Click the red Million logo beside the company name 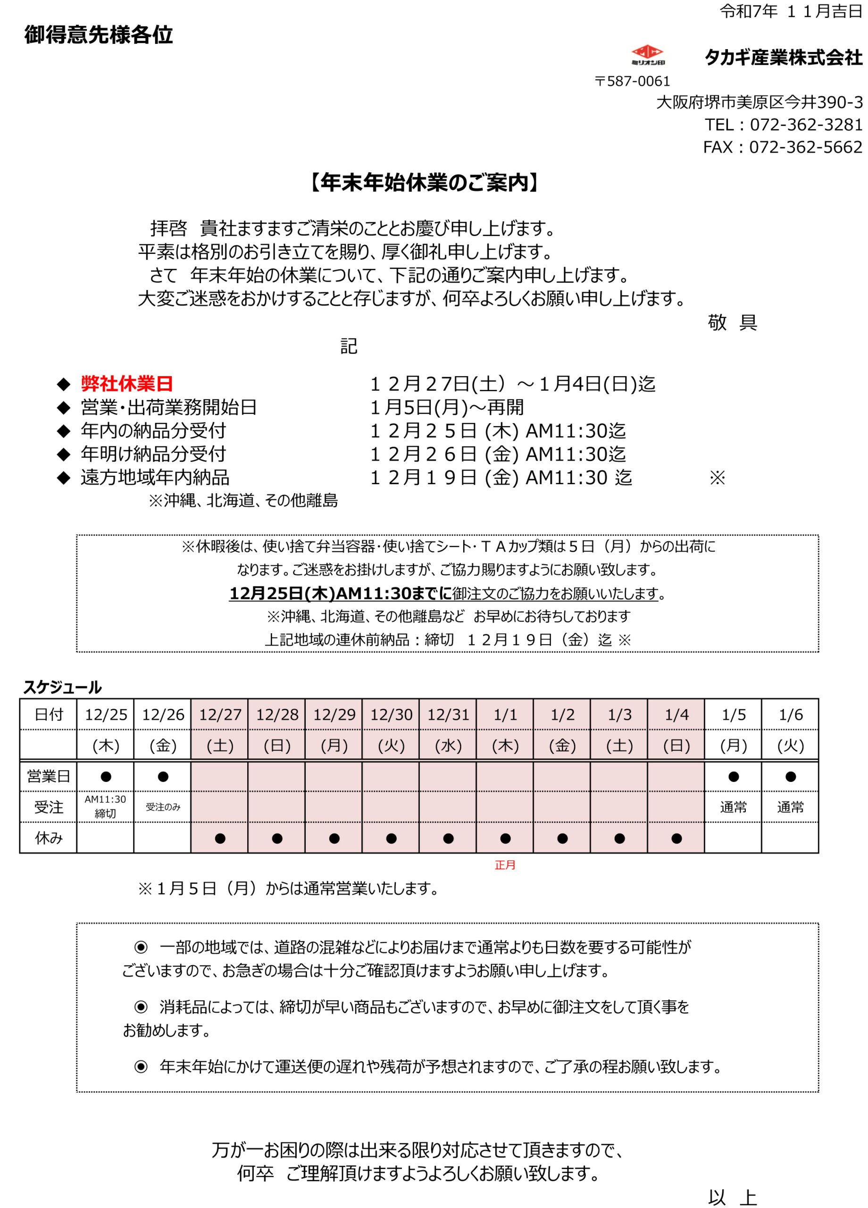pyautogui.click(x=647, y=54)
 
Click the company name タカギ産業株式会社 pyautogui.click(x=783, y=57)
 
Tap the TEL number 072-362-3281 pyautogui.click(x=806, y=125)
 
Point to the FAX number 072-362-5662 pyautogui.click(x=805, y=147)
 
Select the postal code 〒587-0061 pyautogui.click(x=632, y=81)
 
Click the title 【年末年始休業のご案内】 pyautogui.click(x=425, y=183)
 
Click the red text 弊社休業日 pyautogui.click(x=127, y=384)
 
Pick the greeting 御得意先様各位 pyautogui.click(x=99, y=34)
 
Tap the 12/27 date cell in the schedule pyautogui.click(x=220, y=714)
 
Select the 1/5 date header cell pyautogui.click(x=733, y=714)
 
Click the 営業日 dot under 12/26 pyautogui.click(x=163, y=777)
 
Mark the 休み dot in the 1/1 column pyautogui.click(x=505, y=839)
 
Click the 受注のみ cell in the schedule pyautogui.click(x=163, y=807)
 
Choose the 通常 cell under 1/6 pyautogui.click(x=790, y=807)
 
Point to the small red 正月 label pyautogui.click(x=505, y=865)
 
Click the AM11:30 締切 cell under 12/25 pyautogui.click(x=106, y=806)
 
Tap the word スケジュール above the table pyautogui.click(x=62, y=687)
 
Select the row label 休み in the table pyautogui.click(x=49, y=839)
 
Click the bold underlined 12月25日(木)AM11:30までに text pyautogui.click(x=340, y=593)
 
